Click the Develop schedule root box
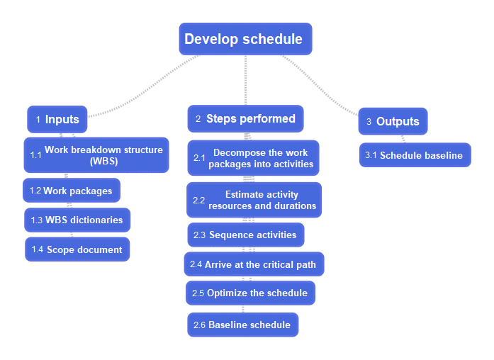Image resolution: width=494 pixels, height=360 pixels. pyautogui.click(x=245, y=39)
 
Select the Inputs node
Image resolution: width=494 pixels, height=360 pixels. pyautogui.click(x=57, y=119)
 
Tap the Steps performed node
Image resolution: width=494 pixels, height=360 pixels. pyautogui.click(x=245, y=119)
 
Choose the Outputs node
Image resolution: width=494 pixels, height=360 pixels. pyautogui.click(x=393, y=121)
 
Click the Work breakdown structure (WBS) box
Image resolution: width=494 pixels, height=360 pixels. pyautogui.click(x=96, y=155)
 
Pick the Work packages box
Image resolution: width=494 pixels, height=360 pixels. pyautogui.click(x=72, y=191)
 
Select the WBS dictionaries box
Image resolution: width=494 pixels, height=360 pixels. pyautogui.click(x=77, y=220)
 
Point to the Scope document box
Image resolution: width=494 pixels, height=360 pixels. pyautogui.click(x=77, y=249)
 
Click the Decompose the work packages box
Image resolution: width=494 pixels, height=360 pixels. pyautogui.click(x=253, y=158)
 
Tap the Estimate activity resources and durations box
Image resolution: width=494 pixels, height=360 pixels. pyautogui.click(x=254, y=200)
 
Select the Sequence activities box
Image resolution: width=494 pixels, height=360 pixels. pyautogui.click(x=246, y=235)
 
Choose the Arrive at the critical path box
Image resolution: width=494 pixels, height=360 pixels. pyautogui.click(x=254, y=264)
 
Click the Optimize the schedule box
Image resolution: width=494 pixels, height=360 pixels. pyautogui.click(x=250, y=293)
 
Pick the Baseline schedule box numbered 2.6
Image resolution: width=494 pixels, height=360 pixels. pyautogui.click(x=242, y=325)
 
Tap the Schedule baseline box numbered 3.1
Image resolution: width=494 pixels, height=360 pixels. pyautogui.click(x=415, y=155)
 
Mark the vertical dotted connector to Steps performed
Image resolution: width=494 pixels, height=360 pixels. pyautogui.click(x=245, y=80)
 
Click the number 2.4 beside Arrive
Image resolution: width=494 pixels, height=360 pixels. pyautogui.click(x=196, y=264)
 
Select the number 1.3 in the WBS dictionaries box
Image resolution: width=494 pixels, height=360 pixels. pyautogui.click(x=37, y=220)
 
